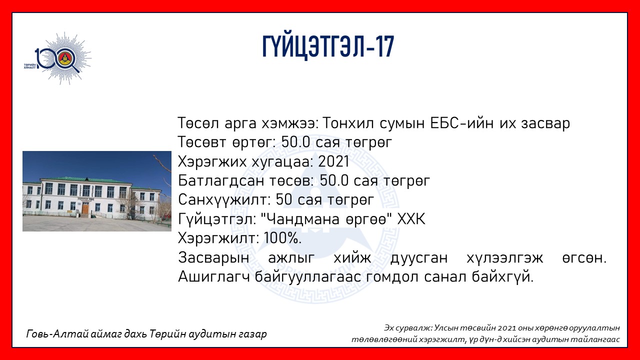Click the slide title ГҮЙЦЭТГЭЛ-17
(328, 47)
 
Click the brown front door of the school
(85, 207)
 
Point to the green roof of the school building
(85, 180)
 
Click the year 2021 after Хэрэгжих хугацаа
(333, 161)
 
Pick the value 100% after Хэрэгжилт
(282, 238)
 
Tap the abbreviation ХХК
(411, 219)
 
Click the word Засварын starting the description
(213, 257)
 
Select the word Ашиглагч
(214, 277)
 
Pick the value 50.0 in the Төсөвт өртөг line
(295, 142)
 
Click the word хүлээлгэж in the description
(504, 257)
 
